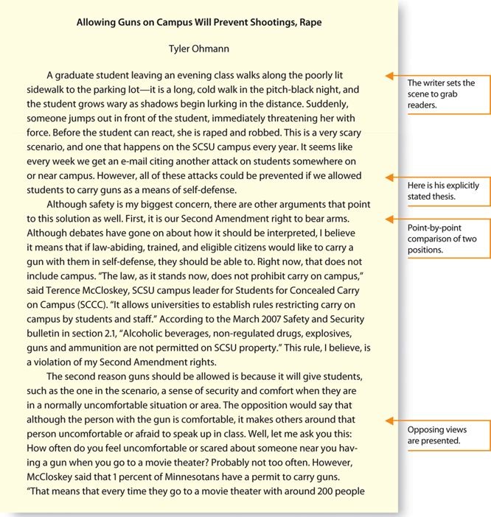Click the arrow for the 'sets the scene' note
(391, 76)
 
